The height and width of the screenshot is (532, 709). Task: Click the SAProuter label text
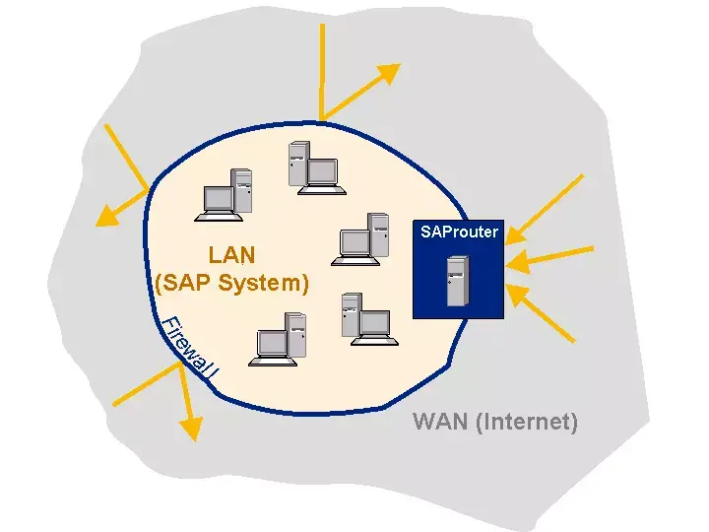coord(459,233)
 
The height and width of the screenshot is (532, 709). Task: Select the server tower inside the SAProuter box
coord(456,282)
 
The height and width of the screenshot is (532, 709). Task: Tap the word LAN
coord(231,255)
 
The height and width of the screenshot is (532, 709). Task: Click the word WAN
coord(440,422)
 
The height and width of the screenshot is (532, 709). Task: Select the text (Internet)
coord(526,422)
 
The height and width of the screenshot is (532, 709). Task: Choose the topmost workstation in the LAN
coord(312,166)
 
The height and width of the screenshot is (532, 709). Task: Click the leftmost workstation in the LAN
coord(226,193)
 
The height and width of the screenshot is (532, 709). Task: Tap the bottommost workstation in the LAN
coord(280,340)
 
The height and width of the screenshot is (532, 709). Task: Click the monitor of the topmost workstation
coord(322,171)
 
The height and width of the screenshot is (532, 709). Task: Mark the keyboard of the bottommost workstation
coord(272,361)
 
